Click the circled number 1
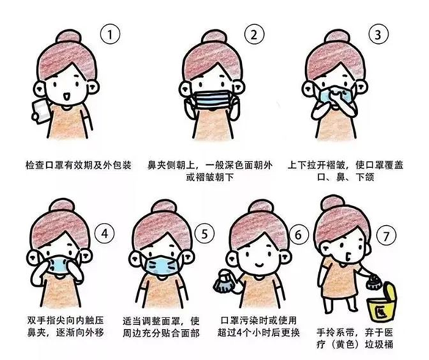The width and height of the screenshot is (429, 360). point(110,34)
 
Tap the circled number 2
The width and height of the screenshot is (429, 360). point(254,34)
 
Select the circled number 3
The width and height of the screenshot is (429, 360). point(378,34)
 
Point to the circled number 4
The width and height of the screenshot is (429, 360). point(105,234)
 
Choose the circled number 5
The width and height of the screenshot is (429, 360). point(205,234)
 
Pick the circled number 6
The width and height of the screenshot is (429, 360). point(298,235)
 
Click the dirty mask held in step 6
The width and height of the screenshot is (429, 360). point(224,282)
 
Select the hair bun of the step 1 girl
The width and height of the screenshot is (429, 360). point(69,37)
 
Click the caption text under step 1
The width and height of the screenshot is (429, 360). point(78,165)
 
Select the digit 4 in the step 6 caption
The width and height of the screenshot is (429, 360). point(240,333)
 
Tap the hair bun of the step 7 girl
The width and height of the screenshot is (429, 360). point(333,203)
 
